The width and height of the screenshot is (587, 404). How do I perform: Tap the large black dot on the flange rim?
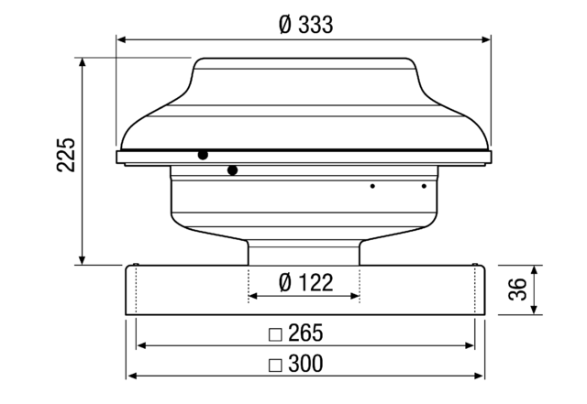tap(202, 156)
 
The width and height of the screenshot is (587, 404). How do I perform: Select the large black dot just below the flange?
tap(233, 169)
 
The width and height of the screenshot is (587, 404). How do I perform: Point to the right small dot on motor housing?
tap(424, 186)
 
